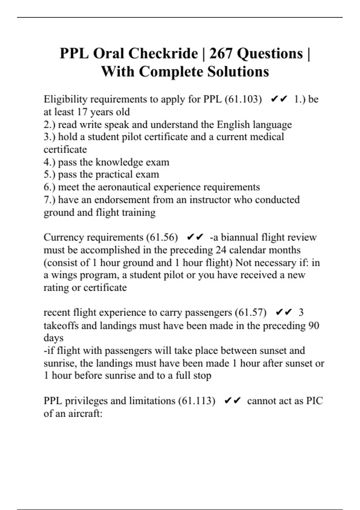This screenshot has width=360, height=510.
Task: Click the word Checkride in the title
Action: (x=163, y=54)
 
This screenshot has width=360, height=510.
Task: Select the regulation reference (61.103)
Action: (x=243, y=99)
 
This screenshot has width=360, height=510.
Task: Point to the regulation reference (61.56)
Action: (x=162, y=237)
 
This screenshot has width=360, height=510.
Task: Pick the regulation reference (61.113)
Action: (x=197, y=401)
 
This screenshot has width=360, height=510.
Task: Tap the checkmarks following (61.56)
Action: (x=195, y=237)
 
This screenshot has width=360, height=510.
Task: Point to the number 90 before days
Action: (x=313, y=325)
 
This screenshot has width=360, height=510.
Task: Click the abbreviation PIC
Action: (x=314, y=401)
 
